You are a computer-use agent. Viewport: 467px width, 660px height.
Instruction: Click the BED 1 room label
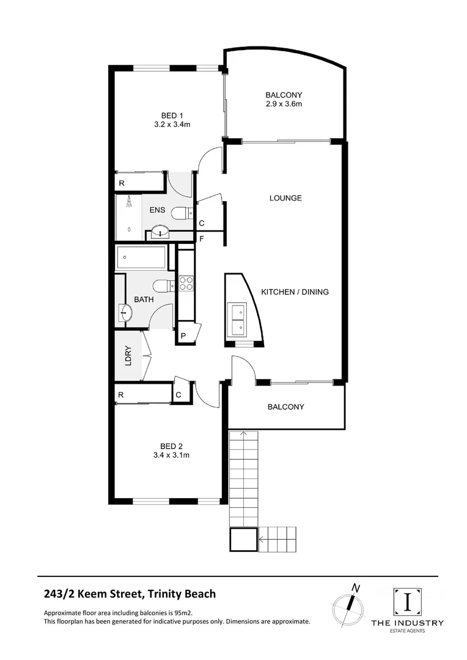click(x=172, y=116)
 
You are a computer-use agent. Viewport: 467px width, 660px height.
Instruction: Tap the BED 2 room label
click(x=172, y=446)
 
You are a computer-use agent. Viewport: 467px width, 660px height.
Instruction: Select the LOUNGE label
click(x=285, y=198)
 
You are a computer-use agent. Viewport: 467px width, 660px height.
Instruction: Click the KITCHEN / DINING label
click(x=295, y=292)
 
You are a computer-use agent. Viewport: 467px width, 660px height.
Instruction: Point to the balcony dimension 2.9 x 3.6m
click(x=284, y=105)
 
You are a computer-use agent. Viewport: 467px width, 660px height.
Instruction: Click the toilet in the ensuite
click(x=180, y=213)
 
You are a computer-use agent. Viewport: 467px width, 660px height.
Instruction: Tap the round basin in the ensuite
click(x=161, y=232)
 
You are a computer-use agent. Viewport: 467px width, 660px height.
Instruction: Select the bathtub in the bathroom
click(x=141, y=258)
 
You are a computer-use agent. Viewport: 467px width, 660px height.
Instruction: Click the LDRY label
click(x=128, y=356)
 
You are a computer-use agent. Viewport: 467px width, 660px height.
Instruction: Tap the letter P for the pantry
click(x=183, y=336)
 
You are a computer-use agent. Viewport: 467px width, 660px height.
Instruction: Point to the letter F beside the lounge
click(x=201, y=238)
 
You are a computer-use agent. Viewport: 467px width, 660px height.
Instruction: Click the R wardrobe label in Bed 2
click(x=122, y=395)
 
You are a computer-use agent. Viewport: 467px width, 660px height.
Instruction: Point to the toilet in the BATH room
click(x=161, y=287)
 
